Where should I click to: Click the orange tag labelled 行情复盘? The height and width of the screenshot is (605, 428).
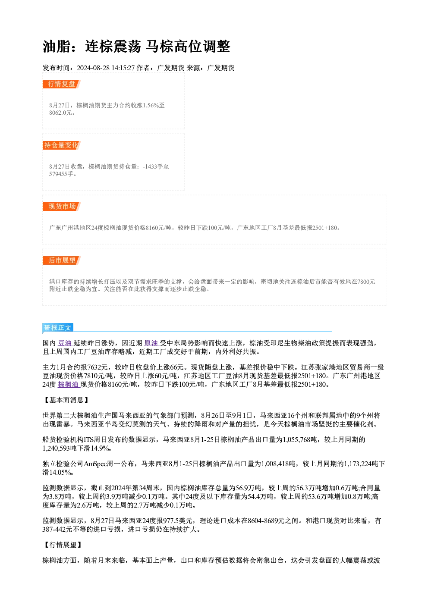click(62, 84)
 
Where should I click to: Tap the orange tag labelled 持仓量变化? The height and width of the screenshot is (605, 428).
click(62, 145)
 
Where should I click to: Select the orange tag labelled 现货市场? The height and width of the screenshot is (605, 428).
click(62, 207)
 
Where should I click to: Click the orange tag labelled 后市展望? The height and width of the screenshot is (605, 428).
click(62, 260)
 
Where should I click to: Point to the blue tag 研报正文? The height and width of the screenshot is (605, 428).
click(58, 328)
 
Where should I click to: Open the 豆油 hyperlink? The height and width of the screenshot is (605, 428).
click(65, 343)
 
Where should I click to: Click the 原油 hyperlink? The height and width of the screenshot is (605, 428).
click(151, 343)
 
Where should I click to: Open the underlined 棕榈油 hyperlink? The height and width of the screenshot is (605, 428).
click(68, 384)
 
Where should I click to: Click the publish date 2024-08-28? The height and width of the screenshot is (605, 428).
click(93, 68)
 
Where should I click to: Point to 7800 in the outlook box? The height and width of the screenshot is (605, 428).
click(363, 282)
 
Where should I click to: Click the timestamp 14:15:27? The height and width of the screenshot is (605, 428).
click(123, 68)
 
